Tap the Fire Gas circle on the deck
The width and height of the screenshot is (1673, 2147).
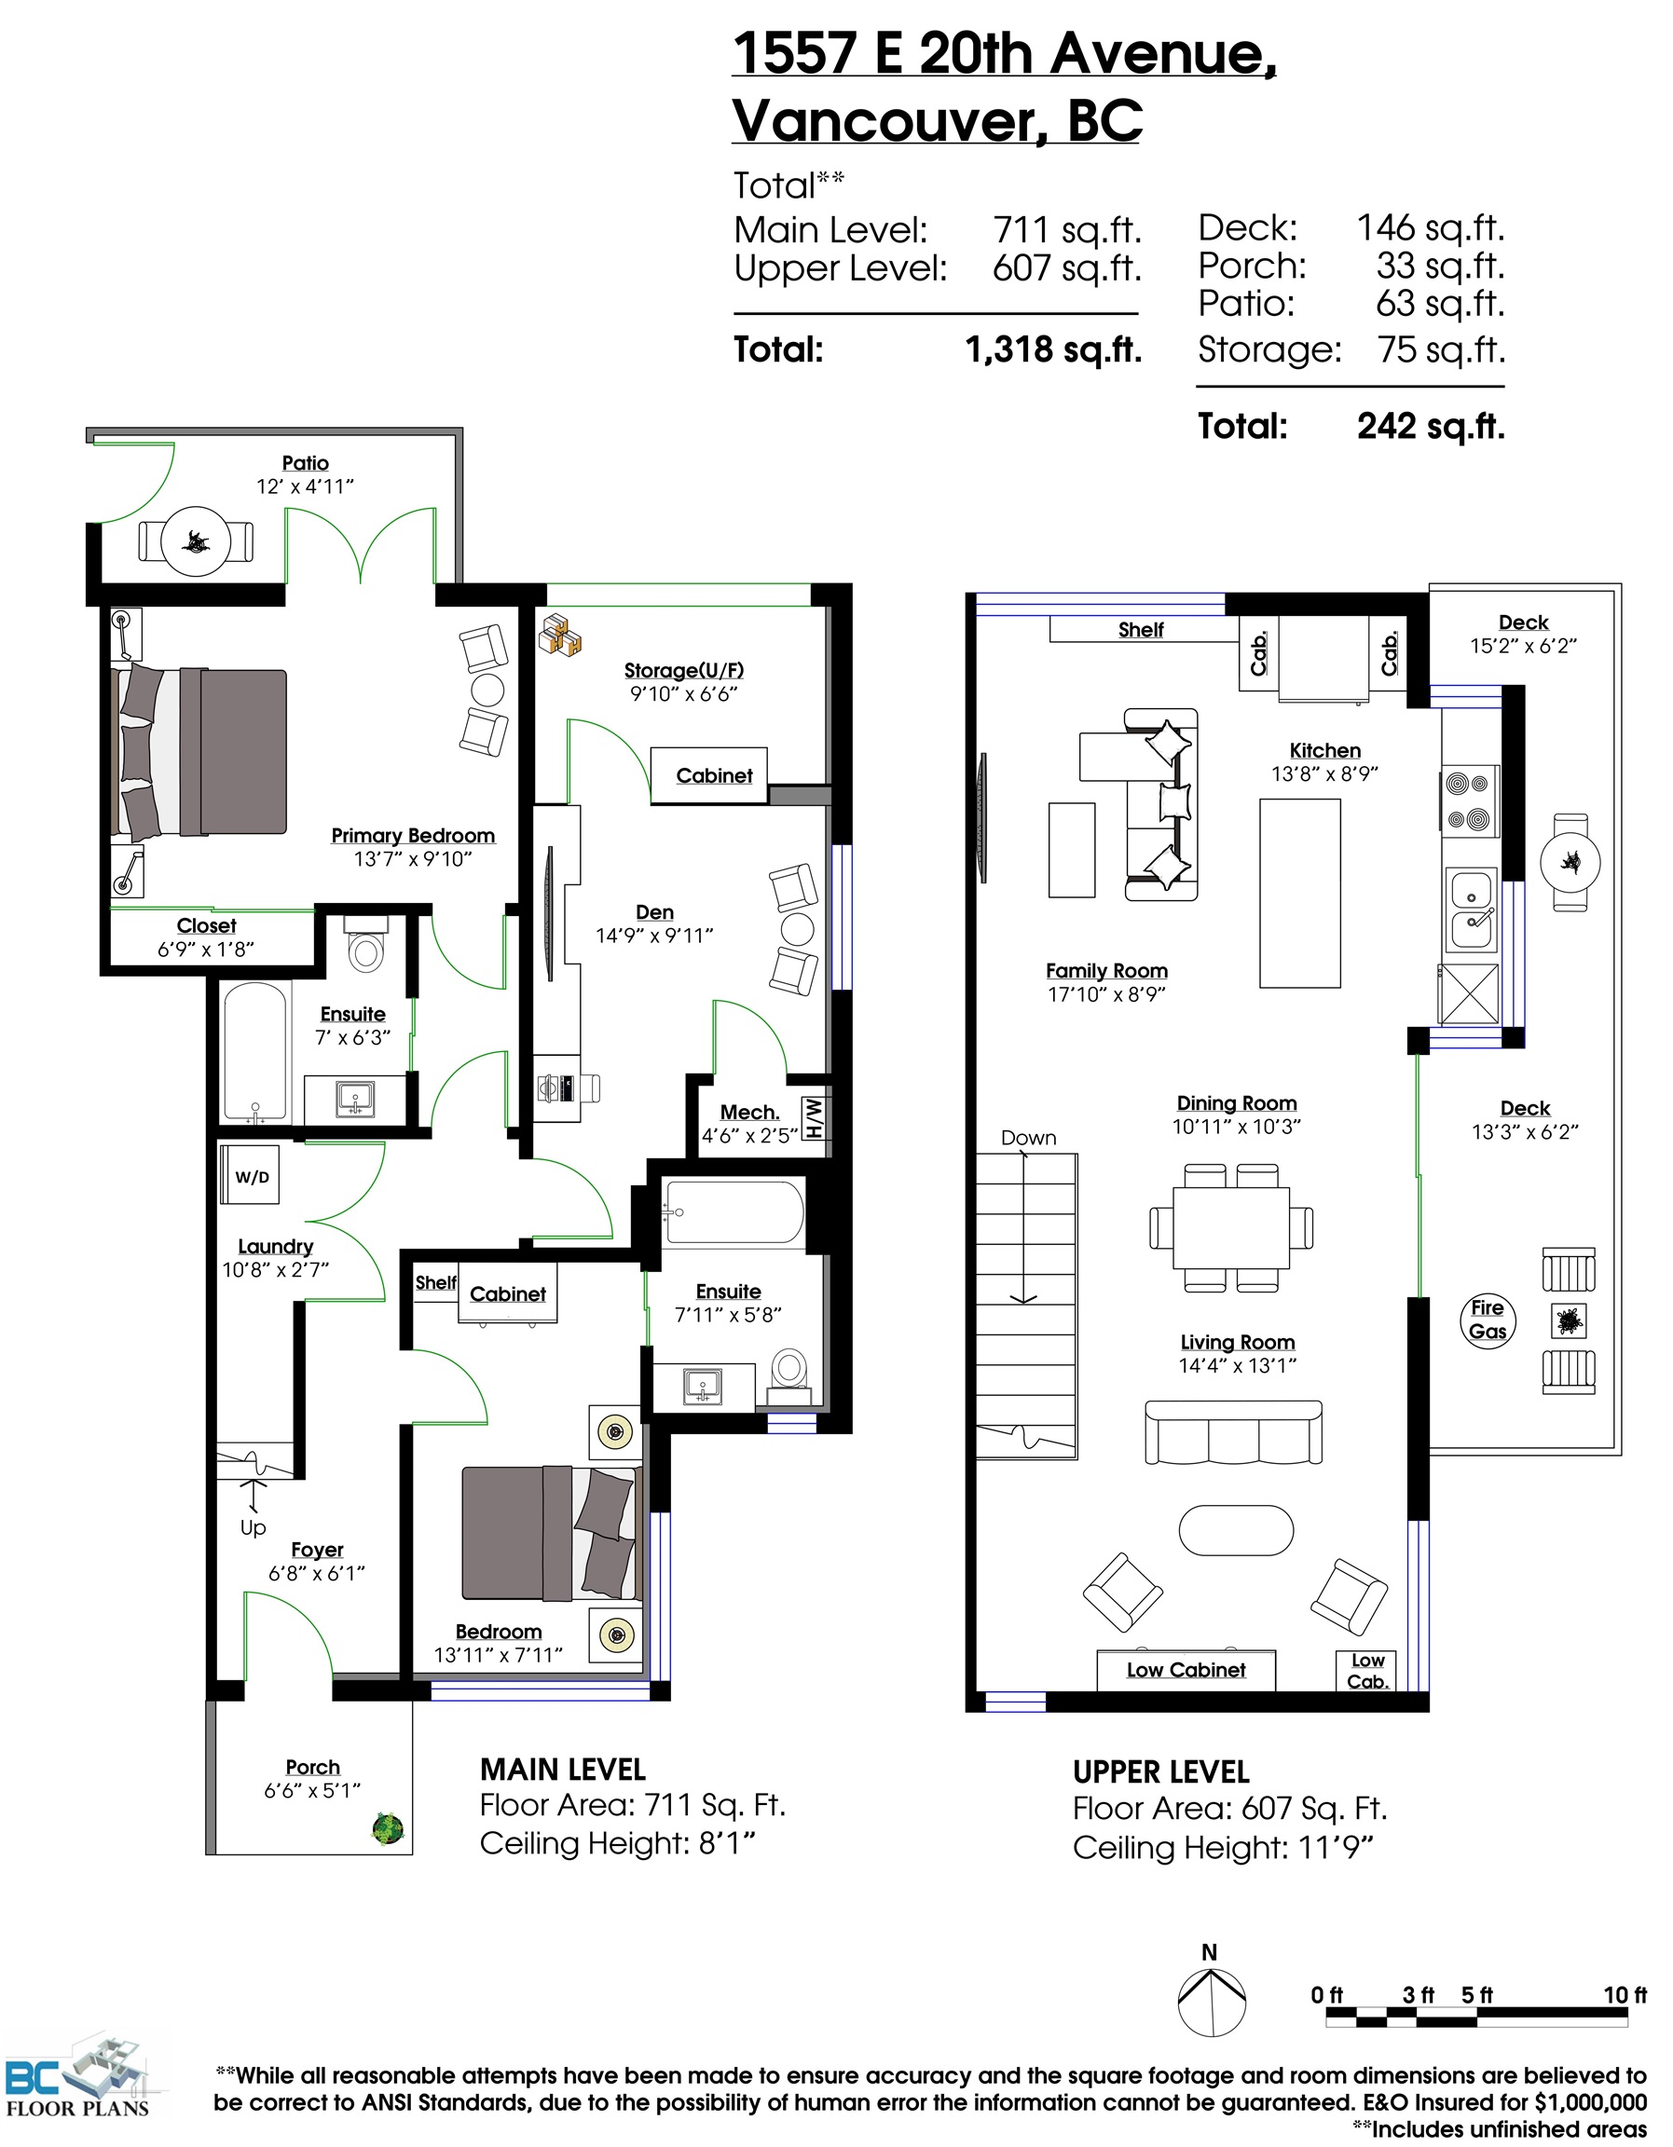pos(1488,1320)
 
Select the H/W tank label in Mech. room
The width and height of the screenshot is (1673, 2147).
pos(813,1117)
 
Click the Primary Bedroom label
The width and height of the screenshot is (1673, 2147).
pos(413,836)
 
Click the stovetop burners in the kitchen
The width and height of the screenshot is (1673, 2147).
pos(1470,801)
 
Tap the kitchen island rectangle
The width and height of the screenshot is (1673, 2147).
pos(1299,893)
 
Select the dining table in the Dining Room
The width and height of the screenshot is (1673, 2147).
pos(1230,1228)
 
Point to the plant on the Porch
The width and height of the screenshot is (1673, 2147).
pos(389,1829)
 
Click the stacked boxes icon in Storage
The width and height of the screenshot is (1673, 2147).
pos(559,634)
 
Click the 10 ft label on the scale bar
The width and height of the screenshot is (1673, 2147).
pos(1625,1994)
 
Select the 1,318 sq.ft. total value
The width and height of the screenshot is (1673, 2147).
pos(1053,349)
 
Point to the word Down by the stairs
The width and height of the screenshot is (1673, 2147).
pos(1028,1138)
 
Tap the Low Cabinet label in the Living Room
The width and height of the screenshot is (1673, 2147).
pos(1186,1669)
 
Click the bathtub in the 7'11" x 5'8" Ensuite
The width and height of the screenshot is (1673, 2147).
pos(734,1213)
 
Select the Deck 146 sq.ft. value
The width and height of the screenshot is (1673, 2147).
pos(1431,228)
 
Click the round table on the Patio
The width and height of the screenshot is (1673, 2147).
pos(196,541)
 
